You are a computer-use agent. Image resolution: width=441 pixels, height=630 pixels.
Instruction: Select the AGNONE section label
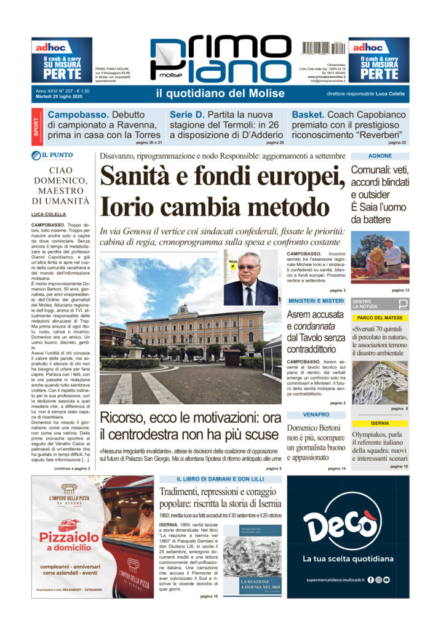380,156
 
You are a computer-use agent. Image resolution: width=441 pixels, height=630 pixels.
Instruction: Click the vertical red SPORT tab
36,127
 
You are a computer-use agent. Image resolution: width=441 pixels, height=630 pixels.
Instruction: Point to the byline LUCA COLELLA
49,214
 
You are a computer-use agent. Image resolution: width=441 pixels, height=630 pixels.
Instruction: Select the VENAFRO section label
316,415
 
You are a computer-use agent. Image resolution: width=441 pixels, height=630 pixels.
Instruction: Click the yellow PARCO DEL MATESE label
380,317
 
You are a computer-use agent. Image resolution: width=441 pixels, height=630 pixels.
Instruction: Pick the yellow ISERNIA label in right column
380,423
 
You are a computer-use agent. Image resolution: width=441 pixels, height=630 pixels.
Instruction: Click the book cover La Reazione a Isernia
252,559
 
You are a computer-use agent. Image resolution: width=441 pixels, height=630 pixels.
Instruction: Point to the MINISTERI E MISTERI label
316,301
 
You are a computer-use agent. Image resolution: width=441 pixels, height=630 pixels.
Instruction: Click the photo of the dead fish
380,381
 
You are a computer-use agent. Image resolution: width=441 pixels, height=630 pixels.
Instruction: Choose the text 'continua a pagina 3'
72,468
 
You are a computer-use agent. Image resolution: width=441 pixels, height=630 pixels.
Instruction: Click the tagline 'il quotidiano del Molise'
220,94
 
